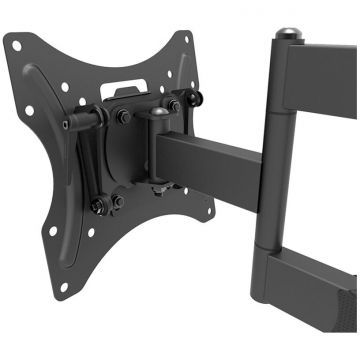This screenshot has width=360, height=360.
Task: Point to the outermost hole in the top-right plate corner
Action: point(186,38)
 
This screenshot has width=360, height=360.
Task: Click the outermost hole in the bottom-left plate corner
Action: point(61,286)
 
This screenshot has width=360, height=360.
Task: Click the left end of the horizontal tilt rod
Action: point(67,125)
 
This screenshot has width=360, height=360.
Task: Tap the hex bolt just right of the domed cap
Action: point(173,106)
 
